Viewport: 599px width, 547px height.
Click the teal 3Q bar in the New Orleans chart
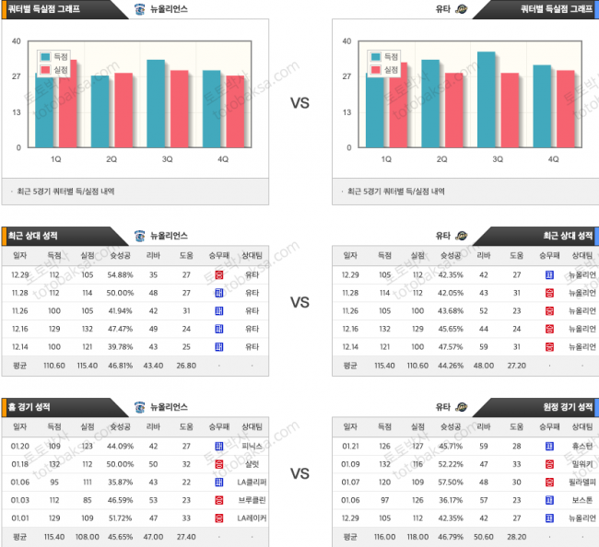coord(156,103)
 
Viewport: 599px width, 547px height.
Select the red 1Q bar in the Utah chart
coord(398,104)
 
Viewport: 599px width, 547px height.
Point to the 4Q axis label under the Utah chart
coord(554,158)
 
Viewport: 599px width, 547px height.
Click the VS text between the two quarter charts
coord(299,104)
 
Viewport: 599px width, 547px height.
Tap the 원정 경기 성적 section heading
coord(568,406)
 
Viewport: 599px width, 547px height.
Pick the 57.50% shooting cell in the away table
coord(450,482)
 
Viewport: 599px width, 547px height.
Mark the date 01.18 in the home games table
coord(20,463)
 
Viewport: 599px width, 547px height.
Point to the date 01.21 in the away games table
coord(350,446)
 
